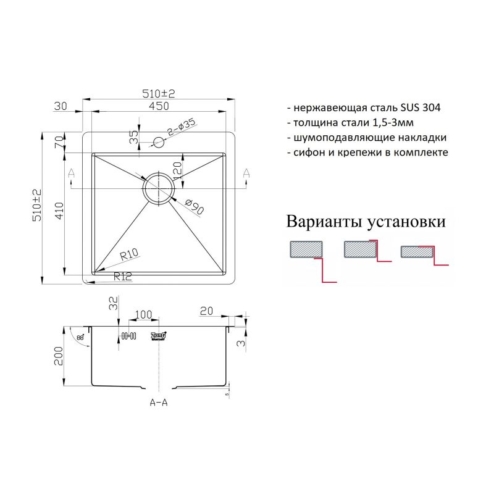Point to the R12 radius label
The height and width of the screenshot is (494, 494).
click(x=123, y=277)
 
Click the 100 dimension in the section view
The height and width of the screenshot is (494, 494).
click(x=143, y=315)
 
